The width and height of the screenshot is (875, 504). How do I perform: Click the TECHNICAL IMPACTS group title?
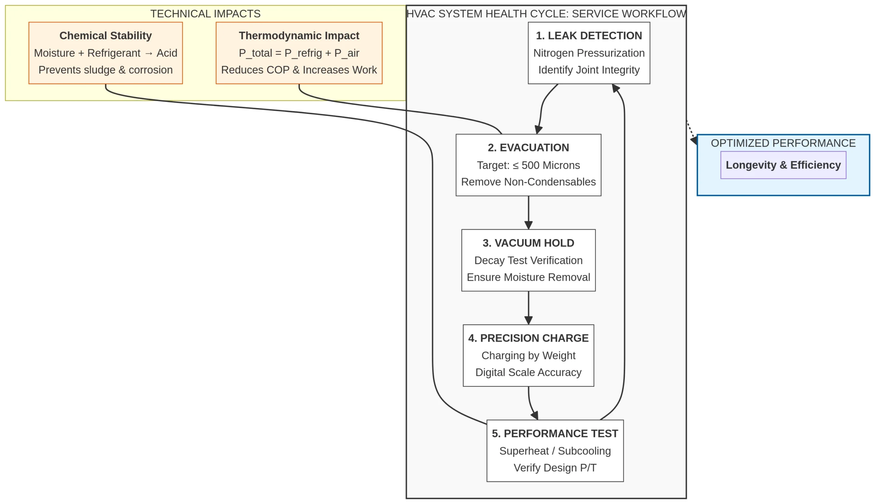tap(205, 14)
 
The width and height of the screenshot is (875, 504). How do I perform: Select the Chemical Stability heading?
tap(106, 36)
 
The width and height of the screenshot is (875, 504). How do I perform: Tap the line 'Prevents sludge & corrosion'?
tap(106, 70)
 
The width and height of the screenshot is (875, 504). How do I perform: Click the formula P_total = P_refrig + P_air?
tap(299, 53)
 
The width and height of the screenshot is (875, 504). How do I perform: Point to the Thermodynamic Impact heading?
tap(299, 36)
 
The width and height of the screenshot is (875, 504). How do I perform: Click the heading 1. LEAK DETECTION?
tap(589, 36)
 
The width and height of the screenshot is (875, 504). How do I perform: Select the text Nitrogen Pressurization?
tap(589, 53)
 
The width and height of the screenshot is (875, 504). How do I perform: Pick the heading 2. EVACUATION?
tap(528, 148)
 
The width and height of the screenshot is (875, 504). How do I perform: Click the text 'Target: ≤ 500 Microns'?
tap(528, 165)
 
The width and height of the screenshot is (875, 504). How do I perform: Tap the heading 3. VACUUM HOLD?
tap(528, 243)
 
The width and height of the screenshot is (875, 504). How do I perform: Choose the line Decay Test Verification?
tap(528, 260)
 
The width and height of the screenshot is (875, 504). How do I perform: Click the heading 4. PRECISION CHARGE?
tap(528, 338)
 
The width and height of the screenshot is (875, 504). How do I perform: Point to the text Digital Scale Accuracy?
tap(528, 372)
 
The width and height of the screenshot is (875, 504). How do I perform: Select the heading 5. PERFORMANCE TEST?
tap(555, 433)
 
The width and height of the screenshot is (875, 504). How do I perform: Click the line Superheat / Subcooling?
tap(555, 451)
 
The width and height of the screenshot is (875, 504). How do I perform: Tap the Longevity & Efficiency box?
tap(783, 165)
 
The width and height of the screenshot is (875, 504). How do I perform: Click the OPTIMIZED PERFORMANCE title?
tap(783, 143)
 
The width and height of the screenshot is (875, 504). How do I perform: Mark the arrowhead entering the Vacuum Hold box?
tap(528, 225)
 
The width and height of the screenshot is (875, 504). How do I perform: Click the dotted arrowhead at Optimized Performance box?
tap(694, 141)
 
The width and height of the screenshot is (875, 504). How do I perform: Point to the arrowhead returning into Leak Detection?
tap(616, 88)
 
